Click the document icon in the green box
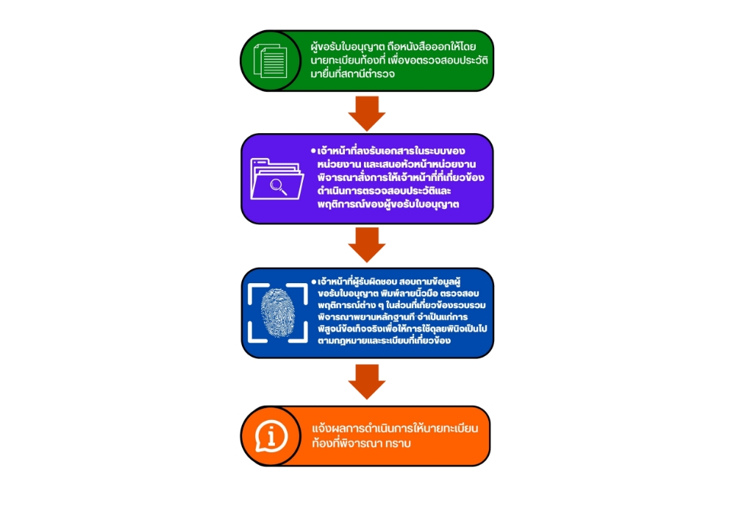pos(270,60)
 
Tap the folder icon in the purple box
pos(276,178)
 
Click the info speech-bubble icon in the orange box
pos(271,437)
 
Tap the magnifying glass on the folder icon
pos(279,185)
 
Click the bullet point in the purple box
pos(313,151)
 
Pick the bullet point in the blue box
pos(313,282)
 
